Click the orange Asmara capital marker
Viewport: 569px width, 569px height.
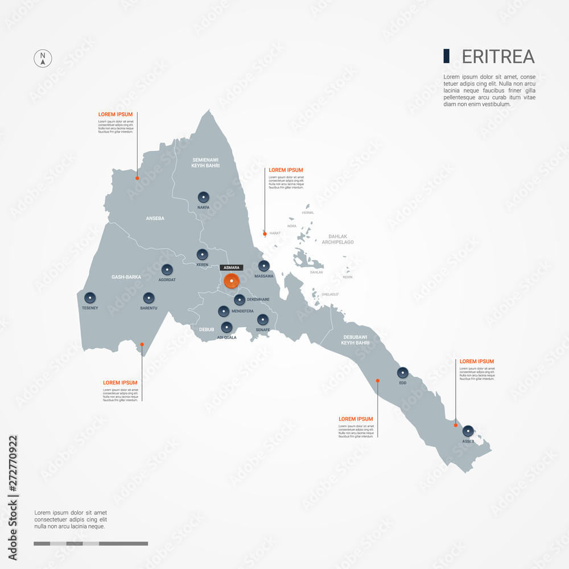click(232, 281)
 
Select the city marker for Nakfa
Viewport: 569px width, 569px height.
click(203, 197)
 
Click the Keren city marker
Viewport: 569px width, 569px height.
click(202, 254)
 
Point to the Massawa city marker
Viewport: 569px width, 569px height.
click(264, 266)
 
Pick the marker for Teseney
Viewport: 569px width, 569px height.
click(89, 297)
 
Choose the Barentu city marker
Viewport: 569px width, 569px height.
click(149, 298)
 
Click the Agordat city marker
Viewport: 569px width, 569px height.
click(167, 270)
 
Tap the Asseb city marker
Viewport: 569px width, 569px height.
click(468, 431)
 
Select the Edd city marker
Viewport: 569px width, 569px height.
click(403, 373)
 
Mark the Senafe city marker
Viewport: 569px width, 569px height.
click(262, 320)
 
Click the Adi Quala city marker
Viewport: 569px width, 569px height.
click(226, 327)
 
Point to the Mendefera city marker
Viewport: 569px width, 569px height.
click(223, 311)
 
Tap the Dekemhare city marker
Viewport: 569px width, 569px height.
click(240, 299)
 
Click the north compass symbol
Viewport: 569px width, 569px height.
click(43, 59)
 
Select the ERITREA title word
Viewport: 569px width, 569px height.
click(498, 56)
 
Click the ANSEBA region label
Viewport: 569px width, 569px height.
click(155, 218)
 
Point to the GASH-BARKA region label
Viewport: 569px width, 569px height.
click(126, 277)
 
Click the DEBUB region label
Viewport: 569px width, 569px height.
click(207, 329)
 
